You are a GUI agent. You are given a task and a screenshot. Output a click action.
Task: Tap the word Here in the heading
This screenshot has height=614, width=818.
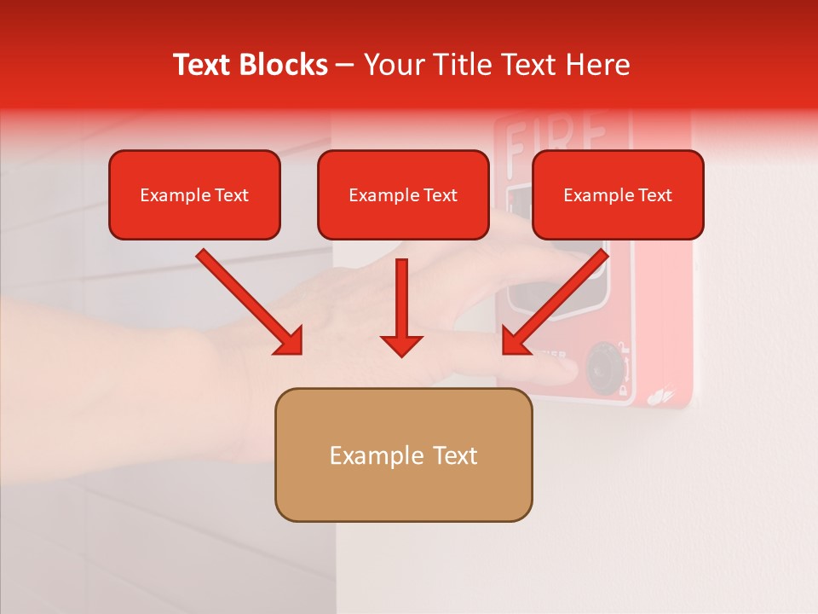pos(594,65)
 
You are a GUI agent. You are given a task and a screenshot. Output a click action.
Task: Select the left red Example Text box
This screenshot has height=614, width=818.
pos(194,195)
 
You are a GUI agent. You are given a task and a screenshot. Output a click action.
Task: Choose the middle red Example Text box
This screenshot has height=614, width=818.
pos(403,195)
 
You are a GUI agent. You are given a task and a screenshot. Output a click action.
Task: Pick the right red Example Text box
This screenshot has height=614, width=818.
pos(618,195)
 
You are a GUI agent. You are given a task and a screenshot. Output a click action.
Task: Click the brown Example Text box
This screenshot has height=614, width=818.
pos(403,455)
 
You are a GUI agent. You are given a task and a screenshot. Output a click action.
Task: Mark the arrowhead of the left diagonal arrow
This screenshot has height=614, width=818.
pos(289,341)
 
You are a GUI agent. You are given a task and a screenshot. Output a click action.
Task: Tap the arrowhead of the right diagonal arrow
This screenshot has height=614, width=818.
pos(516,341)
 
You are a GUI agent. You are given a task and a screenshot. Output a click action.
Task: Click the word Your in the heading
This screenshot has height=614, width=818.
pos(391,65)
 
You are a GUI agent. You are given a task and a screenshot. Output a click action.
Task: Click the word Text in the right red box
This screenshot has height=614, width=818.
pos(655,195)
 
